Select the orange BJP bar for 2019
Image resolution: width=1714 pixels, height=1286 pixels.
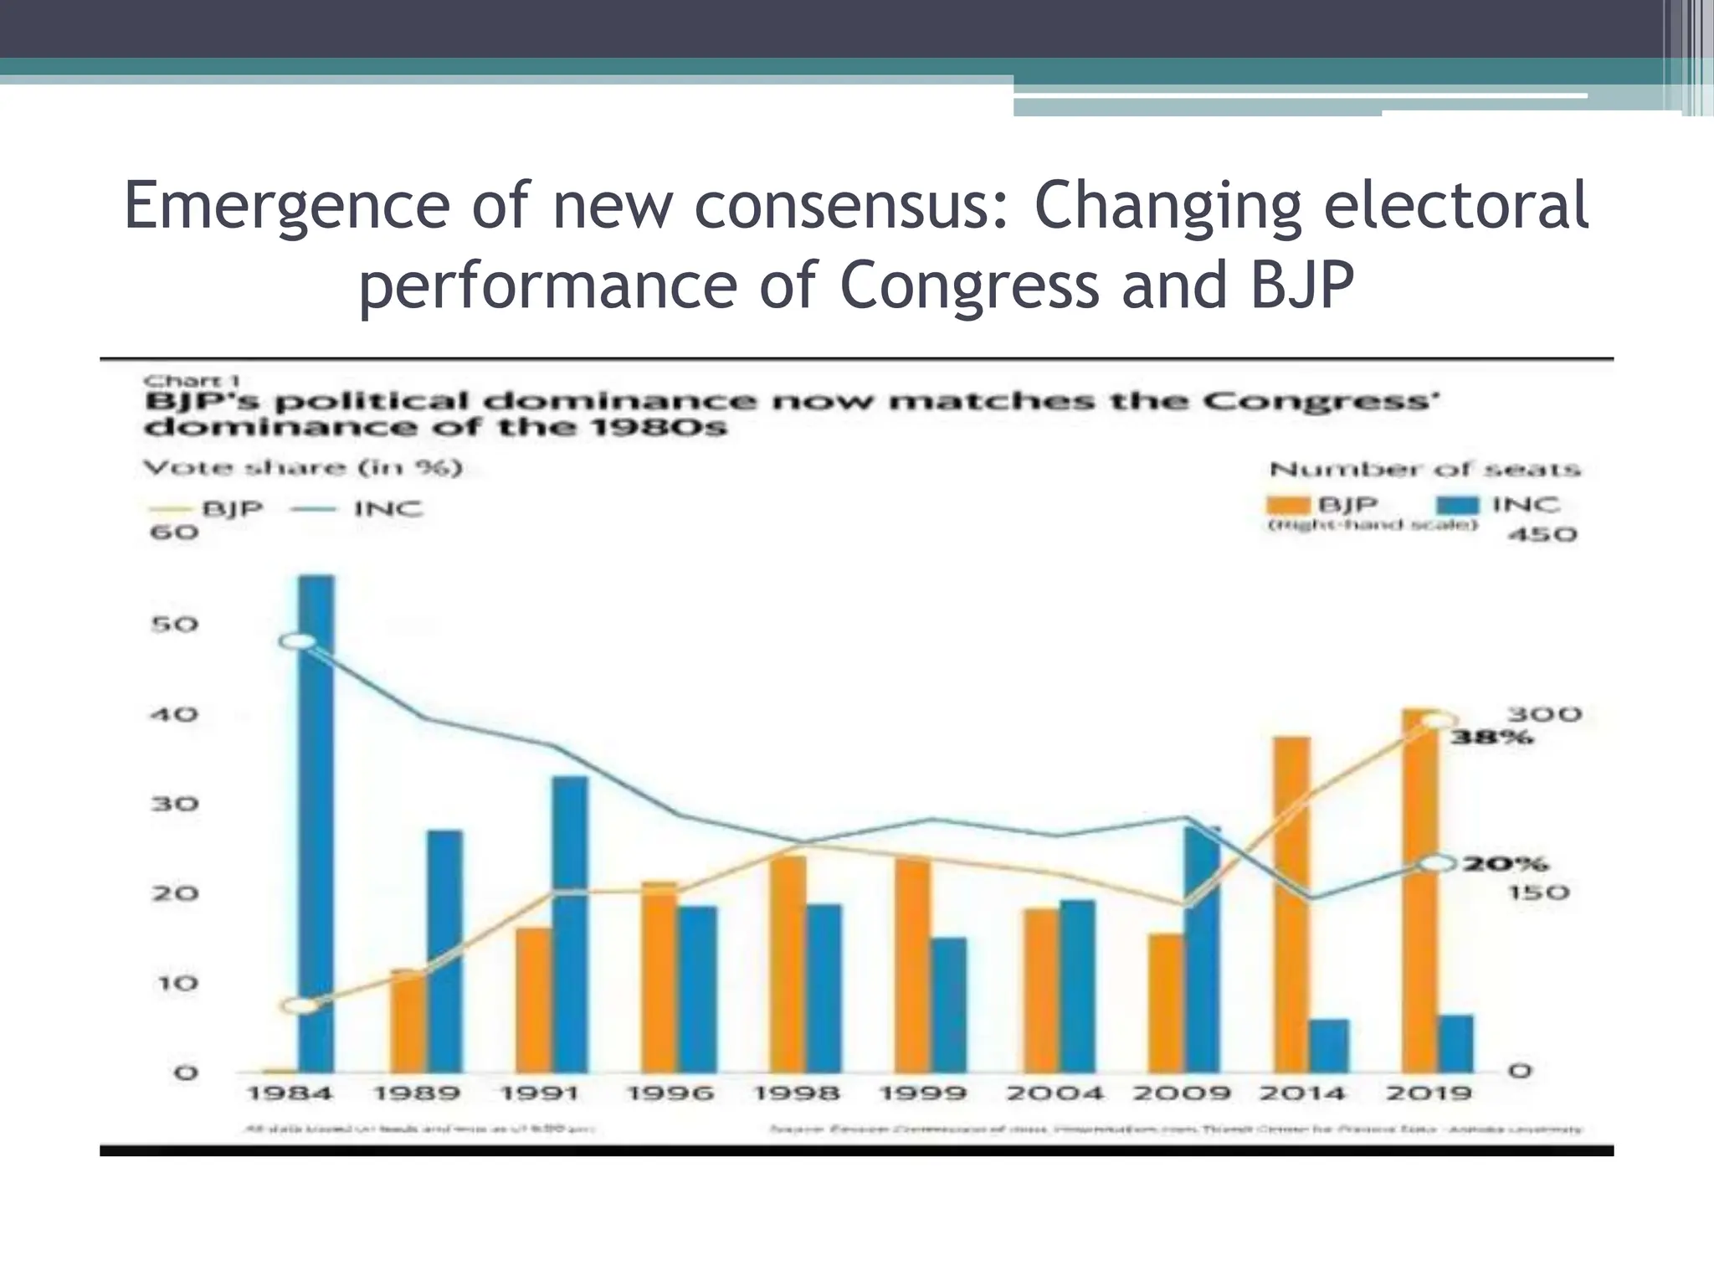1419,891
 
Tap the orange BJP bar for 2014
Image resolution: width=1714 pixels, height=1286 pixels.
1291,904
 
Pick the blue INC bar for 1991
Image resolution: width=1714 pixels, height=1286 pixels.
569,924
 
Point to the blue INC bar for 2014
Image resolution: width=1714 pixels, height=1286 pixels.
1329,1046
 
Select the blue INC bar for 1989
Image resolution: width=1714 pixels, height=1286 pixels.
444,951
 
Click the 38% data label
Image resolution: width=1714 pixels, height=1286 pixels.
1492,738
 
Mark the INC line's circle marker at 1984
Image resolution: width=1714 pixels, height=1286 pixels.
298,642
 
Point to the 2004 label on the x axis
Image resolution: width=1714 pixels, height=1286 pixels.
1055,1093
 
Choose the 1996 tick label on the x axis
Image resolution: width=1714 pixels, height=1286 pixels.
670,1093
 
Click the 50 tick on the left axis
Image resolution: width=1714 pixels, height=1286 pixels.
174,625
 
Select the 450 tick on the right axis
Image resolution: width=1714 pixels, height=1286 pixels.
1542,534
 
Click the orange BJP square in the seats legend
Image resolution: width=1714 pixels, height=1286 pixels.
1287,506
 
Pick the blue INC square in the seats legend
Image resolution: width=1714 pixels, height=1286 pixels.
1456,506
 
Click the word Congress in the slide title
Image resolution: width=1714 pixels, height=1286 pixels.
969,285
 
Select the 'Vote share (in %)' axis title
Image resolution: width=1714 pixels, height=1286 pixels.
303,467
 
